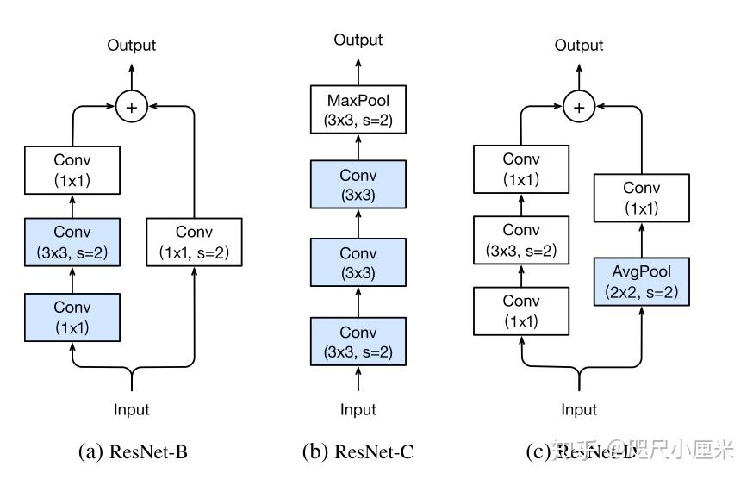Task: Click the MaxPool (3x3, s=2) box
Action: [x=358, y=111]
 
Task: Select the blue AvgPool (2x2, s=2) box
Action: [x=642, y=283]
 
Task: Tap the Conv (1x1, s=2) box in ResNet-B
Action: [x=194, y=242]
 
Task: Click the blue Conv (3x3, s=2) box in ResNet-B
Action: [x=72, y=242]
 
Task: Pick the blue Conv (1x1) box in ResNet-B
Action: [x=72, y=317]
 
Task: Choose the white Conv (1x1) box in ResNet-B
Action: [x=72, y=170]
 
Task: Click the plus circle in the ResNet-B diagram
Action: [x=131, y=107]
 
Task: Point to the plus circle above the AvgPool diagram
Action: [x=579, y=107]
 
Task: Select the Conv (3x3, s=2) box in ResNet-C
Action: [x=358, y=342]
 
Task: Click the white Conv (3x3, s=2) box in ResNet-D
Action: [x=521, y=240]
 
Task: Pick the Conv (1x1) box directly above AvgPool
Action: [x=642, y=197]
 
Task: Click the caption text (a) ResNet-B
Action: [x=133, y=451]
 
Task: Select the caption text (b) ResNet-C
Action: [x=358, y=451]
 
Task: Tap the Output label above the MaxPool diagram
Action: [x=358, y=40]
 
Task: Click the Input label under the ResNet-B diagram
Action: [x=131, y=409]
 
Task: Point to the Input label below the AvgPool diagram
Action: [x=579, y=409]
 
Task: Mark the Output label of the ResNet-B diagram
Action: [x=131, y=45]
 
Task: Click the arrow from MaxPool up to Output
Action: [x=358, y=71]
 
